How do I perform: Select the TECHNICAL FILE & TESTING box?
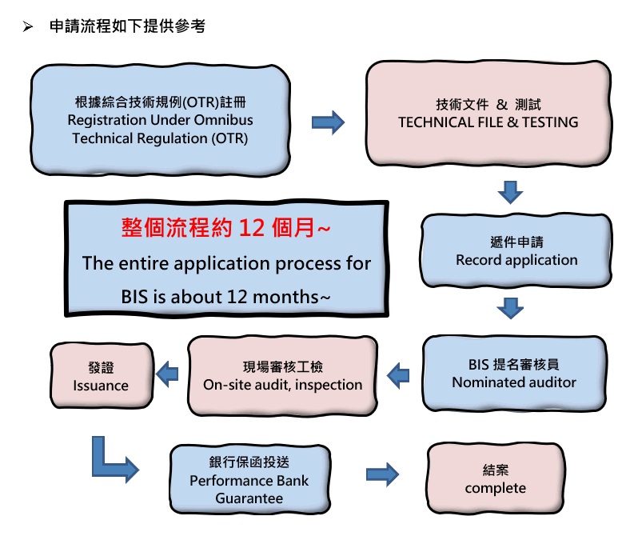click(x=488, y=114)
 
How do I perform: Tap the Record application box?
click(x=516, y=250)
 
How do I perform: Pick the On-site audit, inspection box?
click(x=282, y=375)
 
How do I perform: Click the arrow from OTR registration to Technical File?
click(x=328, y=122)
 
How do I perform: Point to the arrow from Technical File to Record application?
click(x=510, y=192)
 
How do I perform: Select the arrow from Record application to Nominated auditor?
click(x=510, y=308)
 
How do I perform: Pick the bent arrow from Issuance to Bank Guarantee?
click(x=112, y=460)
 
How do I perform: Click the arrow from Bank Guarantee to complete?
click(x=383, y=474)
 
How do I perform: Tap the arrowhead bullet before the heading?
click(x=28, y=27)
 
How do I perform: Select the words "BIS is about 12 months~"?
click(x=225, y=296)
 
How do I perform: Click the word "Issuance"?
click(x=101, y=385)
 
